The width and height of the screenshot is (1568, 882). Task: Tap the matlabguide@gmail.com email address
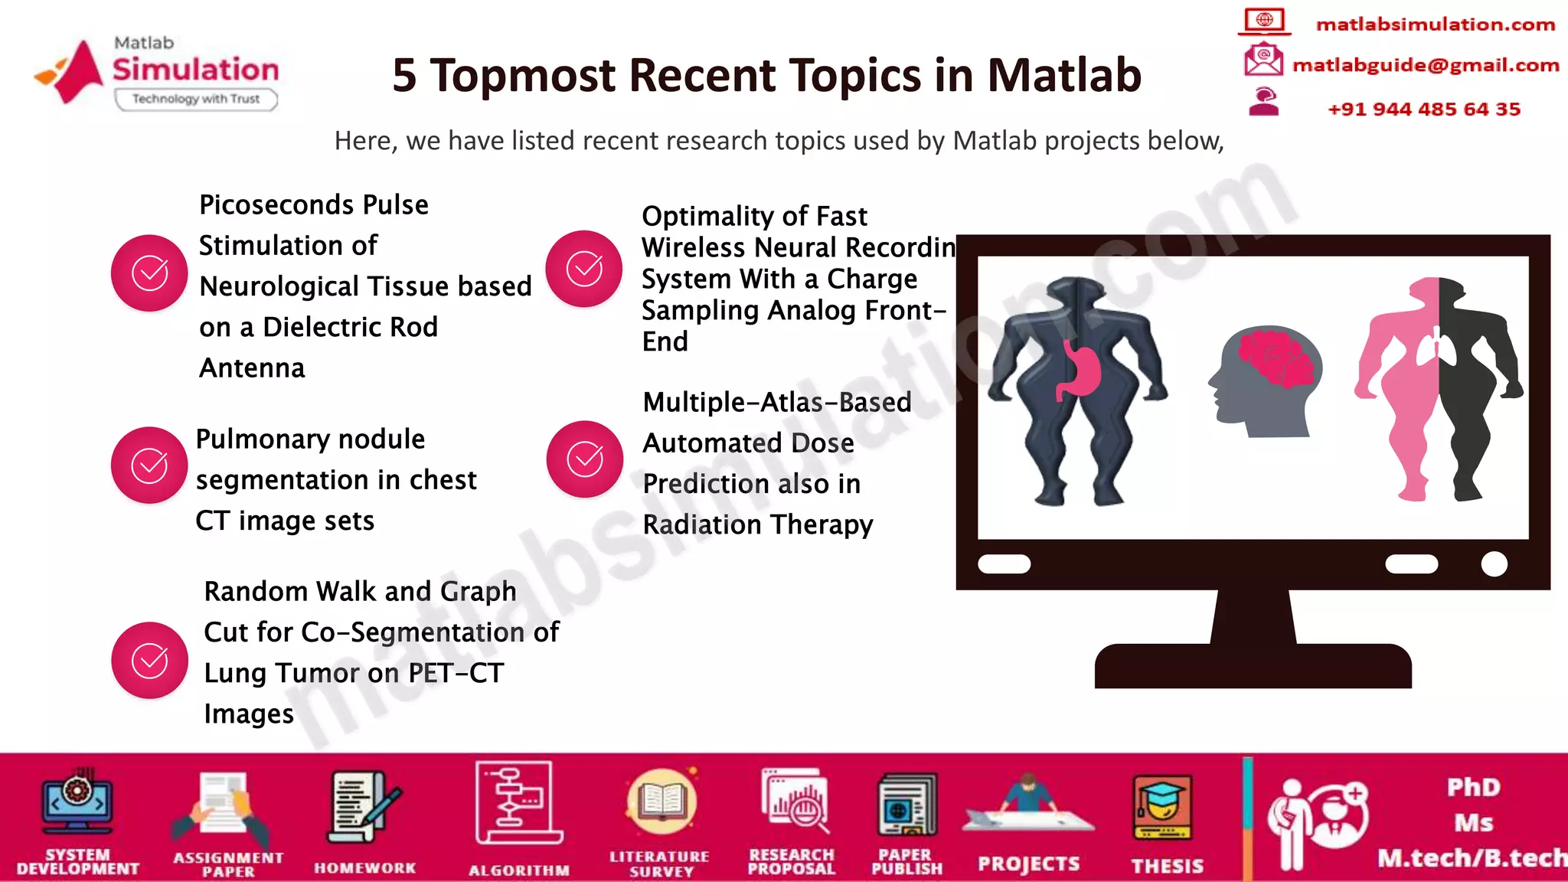1425,66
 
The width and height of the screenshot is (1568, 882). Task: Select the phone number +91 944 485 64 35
1423,109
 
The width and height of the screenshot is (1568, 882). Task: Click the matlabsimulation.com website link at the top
1435,24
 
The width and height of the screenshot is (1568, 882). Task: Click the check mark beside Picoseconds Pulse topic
149,273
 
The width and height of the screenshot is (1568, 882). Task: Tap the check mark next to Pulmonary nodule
149,465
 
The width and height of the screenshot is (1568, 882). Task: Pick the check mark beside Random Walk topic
149,660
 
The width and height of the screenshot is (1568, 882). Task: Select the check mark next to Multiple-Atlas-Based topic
584,459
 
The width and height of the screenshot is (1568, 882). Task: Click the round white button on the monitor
1494,564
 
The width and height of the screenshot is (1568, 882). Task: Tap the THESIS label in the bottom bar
1167,866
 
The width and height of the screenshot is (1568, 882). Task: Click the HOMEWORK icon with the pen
364,808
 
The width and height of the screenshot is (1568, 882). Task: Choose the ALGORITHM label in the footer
518,871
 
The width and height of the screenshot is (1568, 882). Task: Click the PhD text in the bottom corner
1473,787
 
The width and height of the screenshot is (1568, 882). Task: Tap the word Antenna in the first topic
252,368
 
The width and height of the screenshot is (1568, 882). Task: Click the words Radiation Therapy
757,525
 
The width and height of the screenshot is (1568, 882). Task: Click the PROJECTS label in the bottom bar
1028,864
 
